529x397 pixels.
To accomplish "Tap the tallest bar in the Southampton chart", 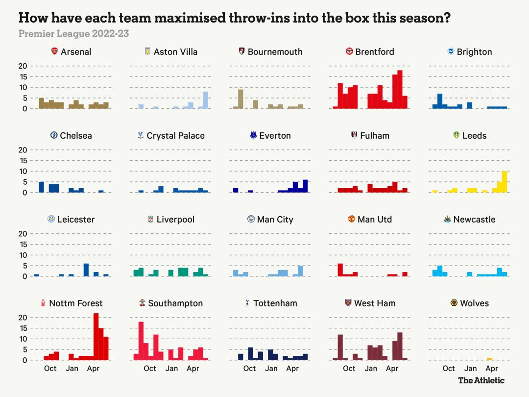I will [x=141, y=341].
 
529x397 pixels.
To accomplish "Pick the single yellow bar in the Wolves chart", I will [x=489, y=359].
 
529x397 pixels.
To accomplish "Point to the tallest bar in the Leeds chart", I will [x=505, y=182].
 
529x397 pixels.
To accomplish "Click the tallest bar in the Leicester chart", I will [x=86, y=270].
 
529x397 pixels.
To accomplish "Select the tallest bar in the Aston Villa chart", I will [x=206, y=100].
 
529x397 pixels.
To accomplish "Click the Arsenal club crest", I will [x=55, y=51].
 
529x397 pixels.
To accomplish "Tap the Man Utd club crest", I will [x=351, y=219].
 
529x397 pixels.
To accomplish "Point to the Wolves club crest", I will [x=454, y=303].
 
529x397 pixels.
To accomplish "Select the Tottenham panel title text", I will [x=275, y=303].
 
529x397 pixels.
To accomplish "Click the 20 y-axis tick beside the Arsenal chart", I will [x=23, y=66].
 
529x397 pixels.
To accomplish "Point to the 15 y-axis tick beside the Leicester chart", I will [x=23, y=244].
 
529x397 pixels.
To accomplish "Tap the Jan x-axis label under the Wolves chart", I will [x=470, y=369].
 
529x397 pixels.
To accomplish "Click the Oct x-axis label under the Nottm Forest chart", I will [x=50, y=369].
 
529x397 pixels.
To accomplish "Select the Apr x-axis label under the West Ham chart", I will [x=392, y=369].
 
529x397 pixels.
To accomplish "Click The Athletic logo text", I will [x=481, y=380].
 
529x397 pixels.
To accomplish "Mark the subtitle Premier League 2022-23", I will [x=73, y=34].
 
